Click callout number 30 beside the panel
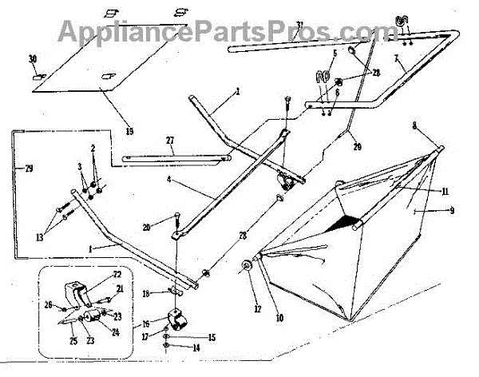[x=33, y=60]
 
